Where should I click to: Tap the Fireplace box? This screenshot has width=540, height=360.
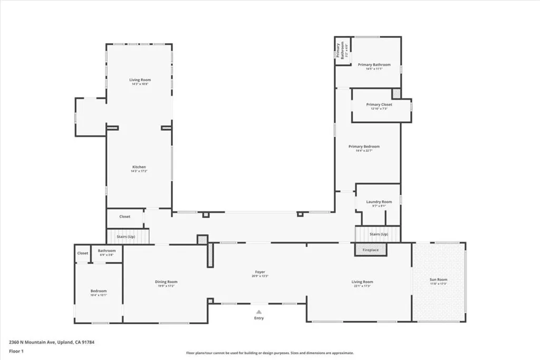point(371,250)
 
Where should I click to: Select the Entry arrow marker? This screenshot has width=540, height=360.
point(258,312)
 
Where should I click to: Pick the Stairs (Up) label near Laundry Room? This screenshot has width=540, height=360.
point(379,234)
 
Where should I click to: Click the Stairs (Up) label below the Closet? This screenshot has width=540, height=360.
point(126,237)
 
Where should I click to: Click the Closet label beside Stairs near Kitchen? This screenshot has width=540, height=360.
point(125,217)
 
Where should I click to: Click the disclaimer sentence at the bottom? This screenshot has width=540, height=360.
point(269,353)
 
